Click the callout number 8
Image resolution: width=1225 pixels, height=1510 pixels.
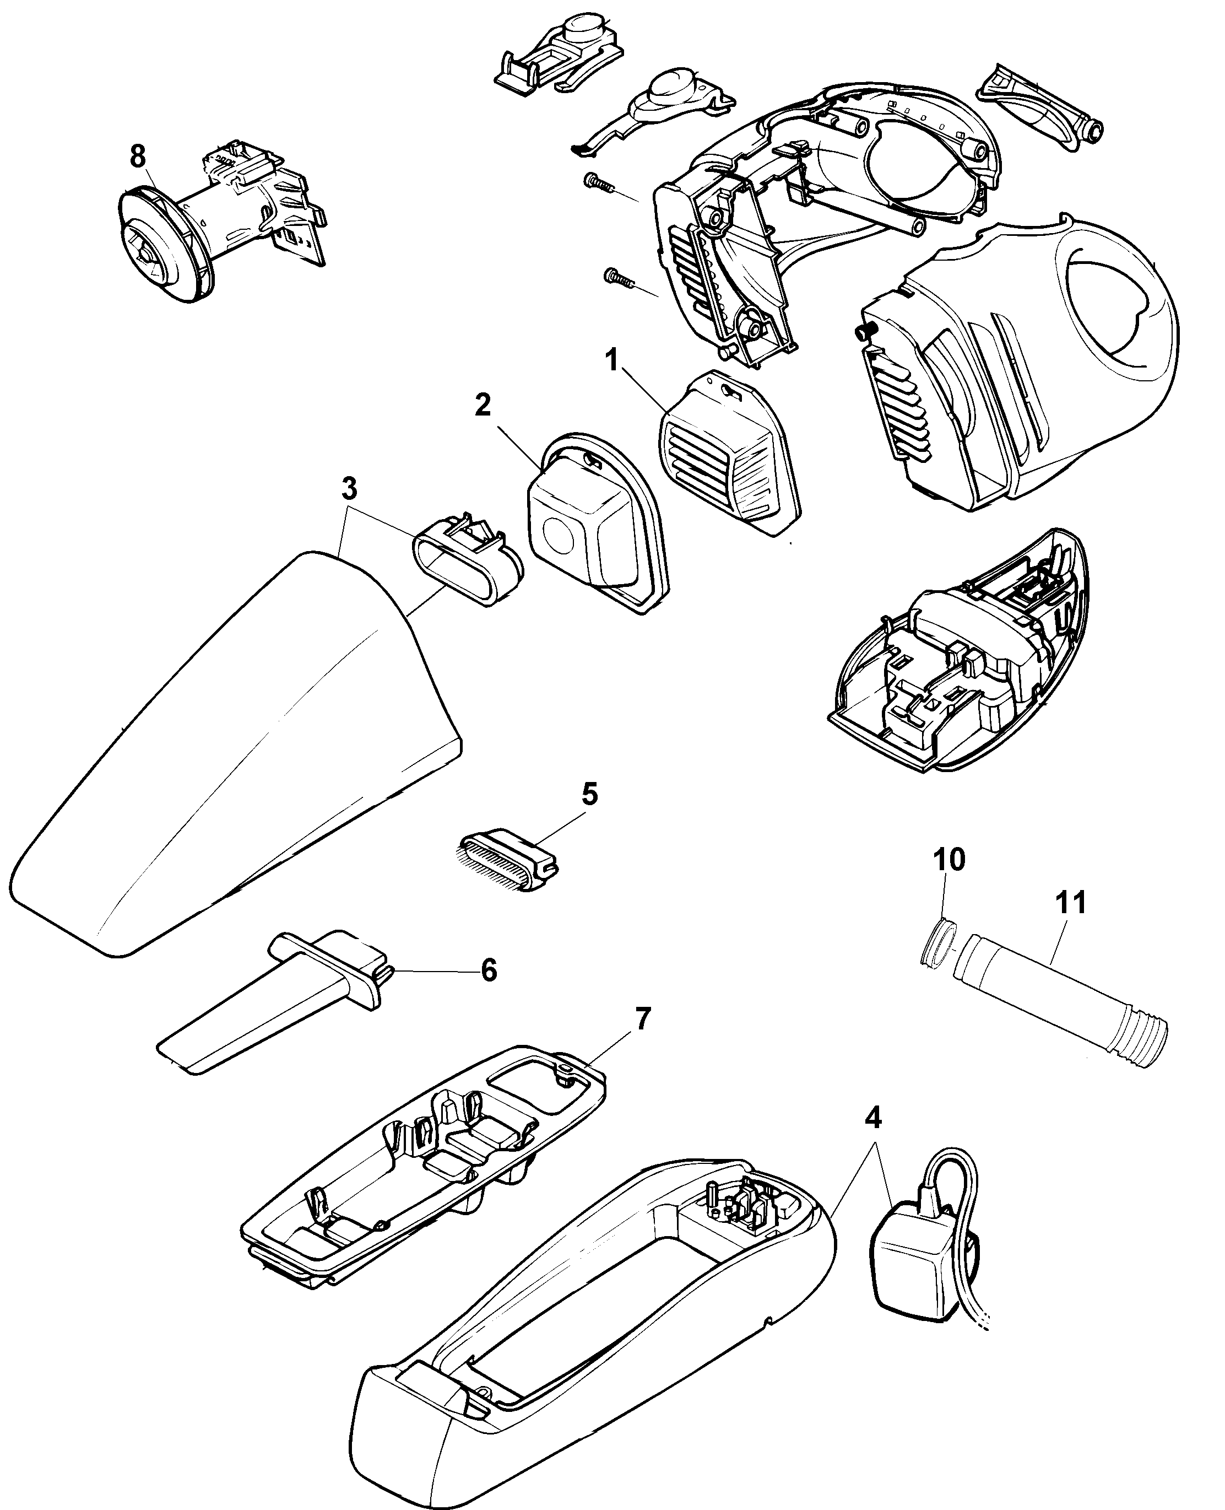[x=138, y=157]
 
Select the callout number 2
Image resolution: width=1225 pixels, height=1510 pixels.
[x=483, y=405]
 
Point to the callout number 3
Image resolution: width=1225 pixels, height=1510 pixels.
[x=349, y=489]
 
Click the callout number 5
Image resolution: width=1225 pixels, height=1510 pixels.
[x=589, y=794]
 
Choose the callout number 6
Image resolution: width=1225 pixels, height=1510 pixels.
[x=489, y=970]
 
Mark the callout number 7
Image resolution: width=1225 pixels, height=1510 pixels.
[x=643, y=1020]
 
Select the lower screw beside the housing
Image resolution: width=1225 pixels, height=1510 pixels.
[x=617, y=277]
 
